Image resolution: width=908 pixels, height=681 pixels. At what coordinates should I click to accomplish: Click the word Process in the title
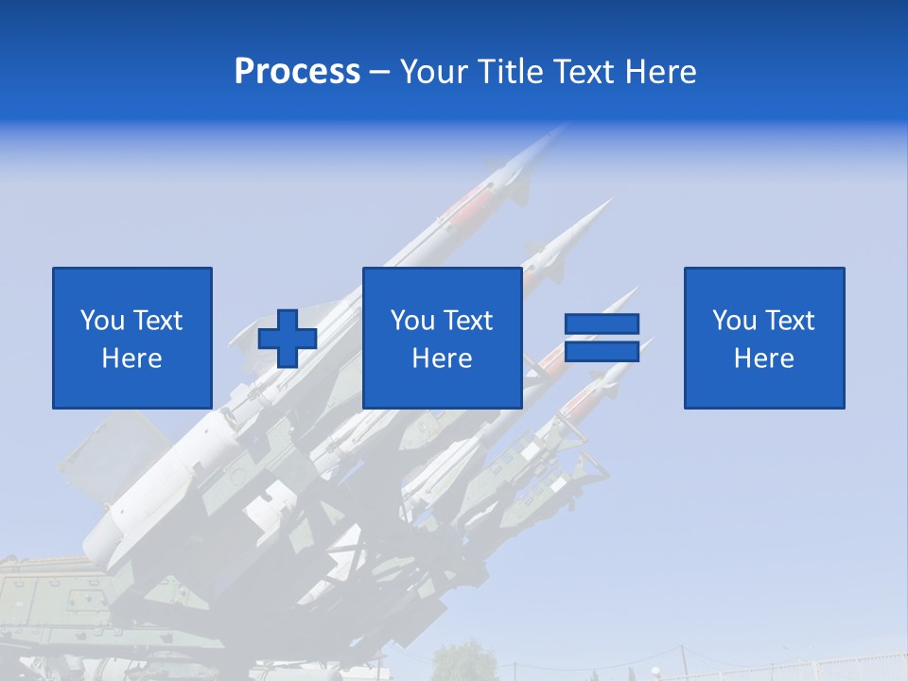pos(297,72)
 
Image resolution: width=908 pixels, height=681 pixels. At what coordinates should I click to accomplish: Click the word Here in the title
pos(657,72)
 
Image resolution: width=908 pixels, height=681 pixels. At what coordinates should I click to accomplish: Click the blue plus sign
pos(288,339)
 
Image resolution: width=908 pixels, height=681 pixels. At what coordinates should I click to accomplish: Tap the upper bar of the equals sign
pos(602,324)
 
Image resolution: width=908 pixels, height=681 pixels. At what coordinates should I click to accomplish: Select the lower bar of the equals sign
pos(602,351)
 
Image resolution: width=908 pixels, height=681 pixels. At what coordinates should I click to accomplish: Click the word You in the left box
pos(102,321)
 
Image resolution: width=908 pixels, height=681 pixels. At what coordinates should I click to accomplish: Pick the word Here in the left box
pos(131,358)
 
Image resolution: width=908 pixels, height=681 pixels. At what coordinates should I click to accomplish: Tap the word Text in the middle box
pos(467,321)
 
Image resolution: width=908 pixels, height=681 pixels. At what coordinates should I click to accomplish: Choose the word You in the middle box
pos(412,321)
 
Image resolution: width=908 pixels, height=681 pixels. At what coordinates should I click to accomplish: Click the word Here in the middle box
pos(442,358)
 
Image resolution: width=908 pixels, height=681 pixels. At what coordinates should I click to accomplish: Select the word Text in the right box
pos(789,321)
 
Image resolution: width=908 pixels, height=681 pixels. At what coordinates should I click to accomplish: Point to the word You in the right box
pos(734,321)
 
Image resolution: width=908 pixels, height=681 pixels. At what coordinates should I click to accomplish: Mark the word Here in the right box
pos(763,358)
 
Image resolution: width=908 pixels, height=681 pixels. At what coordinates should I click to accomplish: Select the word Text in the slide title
pos(577,72)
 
